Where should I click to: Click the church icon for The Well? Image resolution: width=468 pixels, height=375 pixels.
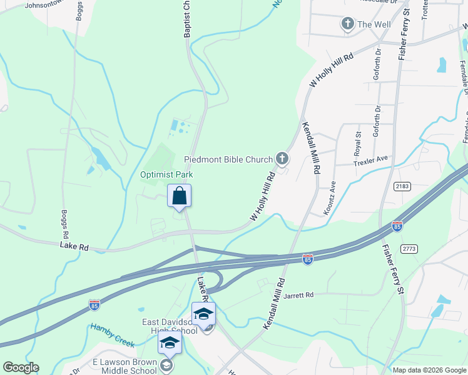click(347, 24)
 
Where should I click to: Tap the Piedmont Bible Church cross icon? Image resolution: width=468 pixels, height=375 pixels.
click(282, 159)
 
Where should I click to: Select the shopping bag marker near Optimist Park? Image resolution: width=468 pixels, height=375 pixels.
click(179, 196)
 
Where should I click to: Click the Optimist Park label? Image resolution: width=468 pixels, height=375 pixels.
click(166, 175)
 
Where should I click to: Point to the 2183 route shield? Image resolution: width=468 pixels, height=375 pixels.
click(402, 186)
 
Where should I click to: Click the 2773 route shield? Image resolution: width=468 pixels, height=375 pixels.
click(410, 249)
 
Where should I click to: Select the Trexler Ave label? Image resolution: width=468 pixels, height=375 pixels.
click(372, 161)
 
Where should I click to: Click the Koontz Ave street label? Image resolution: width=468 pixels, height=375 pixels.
click(329, 199)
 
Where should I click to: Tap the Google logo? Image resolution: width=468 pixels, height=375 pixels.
click(21, 367)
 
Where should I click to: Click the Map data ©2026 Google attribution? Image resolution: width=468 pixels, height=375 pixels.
click(429, 370)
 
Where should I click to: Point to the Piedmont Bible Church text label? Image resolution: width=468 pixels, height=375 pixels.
click(228, 160)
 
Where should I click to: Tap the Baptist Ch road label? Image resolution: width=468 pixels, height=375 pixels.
click(186, 19)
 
